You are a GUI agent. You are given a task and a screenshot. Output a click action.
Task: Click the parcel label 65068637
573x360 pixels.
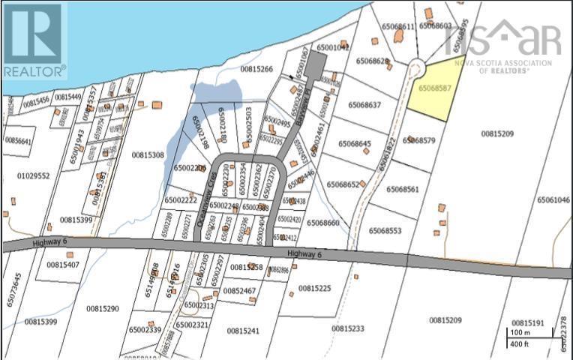(x=364, y=105)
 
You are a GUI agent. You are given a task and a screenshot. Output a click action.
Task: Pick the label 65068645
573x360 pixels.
(x=354, y=143)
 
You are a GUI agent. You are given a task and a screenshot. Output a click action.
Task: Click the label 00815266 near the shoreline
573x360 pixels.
(x=256, y=69)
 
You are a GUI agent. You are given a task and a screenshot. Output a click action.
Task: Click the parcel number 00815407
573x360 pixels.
(x=63, y=265)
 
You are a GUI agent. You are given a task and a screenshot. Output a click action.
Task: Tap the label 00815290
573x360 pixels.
(x=102, y=308)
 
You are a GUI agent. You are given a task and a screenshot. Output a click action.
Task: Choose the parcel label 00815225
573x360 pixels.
(x=314, y=288)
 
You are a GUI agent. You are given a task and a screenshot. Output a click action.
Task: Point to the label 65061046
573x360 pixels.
(x=553, y=200)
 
